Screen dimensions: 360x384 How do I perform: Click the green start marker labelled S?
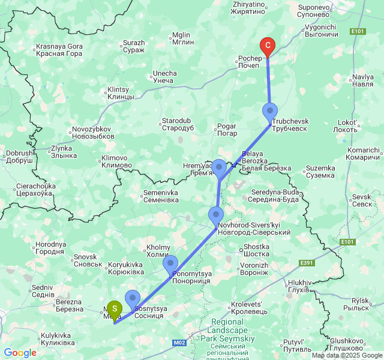114,308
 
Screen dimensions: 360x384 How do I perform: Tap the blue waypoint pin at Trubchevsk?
270,111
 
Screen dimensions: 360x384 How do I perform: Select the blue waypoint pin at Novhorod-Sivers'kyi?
215,214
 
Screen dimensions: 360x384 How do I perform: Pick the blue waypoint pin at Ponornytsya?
170,263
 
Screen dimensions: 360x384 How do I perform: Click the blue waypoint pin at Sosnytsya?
132,298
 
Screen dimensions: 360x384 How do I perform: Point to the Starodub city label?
178,124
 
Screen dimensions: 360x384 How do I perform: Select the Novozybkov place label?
92,133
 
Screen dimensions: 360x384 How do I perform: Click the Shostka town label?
256,250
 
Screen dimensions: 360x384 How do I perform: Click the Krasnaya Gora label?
59,50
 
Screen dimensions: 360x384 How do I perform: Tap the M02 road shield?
179,343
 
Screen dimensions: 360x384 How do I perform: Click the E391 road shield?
307,263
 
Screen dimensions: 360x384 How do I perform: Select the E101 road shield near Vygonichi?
358,31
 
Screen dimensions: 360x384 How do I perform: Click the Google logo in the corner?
20,353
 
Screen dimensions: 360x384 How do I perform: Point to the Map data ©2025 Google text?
347,355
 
